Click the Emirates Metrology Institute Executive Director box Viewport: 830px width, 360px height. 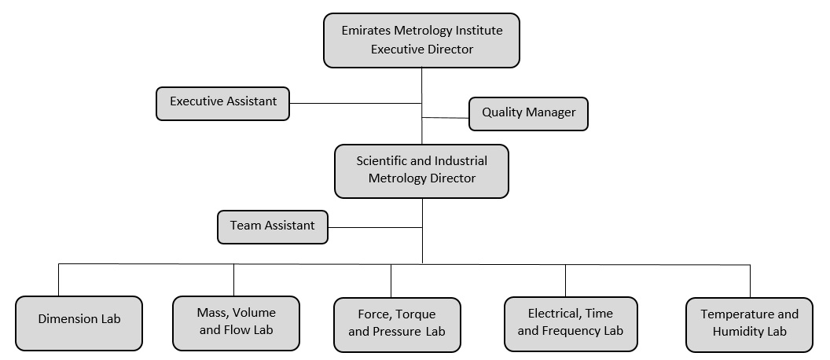point(421,40)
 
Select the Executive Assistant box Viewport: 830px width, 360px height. point(223,104)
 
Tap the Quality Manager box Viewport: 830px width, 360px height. point(528,114)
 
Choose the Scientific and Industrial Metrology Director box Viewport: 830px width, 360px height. point(421,171)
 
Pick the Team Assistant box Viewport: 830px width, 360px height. point(273,227)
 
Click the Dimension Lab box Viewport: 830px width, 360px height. point(79,323)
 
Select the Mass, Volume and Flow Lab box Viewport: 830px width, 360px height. point(236,323)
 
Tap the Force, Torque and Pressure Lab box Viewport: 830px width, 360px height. point(397,325)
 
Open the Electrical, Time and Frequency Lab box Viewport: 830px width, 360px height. point(571,324)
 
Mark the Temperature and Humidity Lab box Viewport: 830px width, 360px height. point(749,325)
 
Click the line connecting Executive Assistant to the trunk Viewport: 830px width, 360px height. point(356,103)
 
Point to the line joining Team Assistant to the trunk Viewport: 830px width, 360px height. point(375,228)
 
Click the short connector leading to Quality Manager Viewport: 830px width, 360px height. point(446,118)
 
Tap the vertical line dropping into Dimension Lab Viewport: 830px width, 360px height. point(58,280)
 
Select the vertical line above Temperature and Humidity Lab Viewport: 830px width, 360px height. point(750,281)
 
